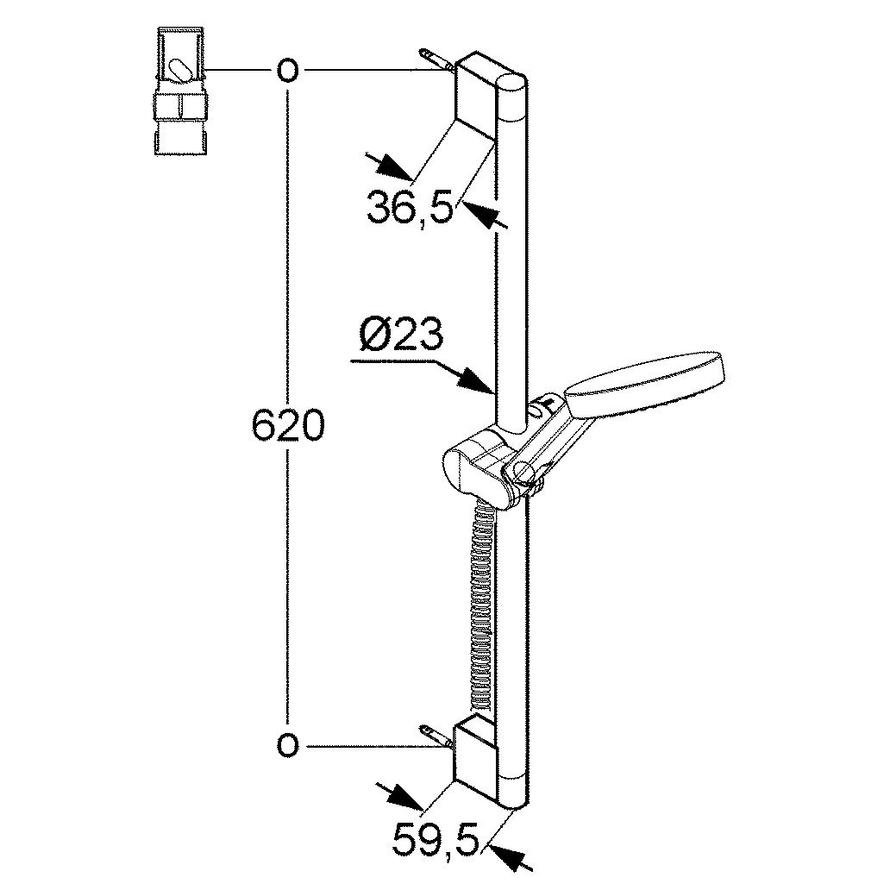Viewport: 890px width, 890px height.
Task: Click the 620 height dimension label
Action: (288, 426)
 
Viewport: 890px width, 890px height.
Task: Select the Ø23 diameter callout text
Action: (401, 336)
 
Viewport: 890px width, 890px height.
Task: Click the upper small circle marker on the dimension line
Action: (288, 71)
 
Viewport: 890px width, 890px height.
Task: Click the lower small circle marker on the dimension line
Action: (288, 744)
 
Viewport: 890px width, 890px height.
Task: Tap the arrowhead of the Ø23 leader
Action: (477, 381)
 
